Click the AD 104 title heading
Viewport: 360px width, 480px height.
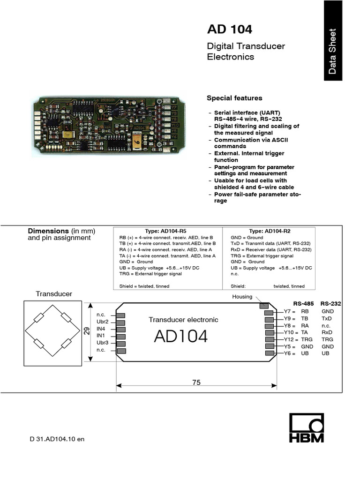(229, 30)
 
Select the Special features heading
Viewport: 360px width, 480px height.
(234, 98)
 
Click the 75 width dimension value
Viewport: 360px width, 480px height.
(196, 382)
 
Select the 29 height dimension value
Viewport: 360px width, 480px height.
(86, 331)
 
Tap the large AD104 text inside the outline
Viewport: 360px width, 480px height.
(180, 336)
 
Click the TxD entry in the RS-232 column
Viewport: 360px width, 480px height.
(326, 318)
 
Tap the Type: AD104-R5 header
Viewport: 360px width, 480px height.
(165, 231)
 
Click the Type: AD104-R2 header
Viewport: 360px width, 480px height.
(269, 231)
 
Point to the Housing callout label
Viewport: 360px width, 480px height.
(242, 297)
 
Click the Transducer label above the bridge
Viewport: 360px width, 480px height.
(54, 294)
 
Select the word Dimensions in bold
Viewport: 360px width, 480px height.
(48, 231)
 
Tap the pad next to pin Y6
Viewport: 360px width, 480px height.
(269, 353)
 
